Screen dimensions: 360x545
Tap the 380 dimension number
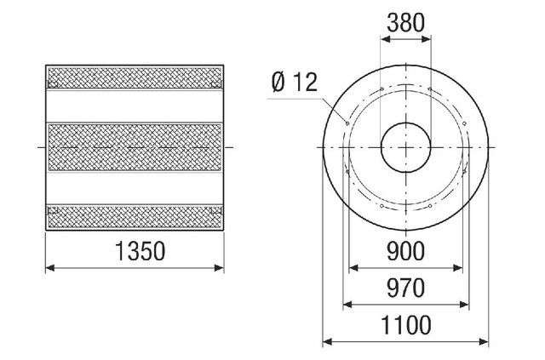coord(405,25)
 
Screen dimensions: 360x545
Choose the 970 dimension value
coord(405,289)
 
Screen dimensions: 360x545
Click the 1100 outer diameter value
coord(405,325)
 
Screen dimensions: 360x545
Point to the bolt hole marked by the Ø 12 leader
coord(348,122)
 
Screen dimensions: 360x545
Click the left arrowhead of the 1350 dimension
coord(49,268)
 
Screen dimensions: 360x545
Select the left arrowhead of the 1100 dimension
coord(327,342)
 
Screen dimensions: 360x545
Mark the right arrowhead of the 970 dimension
coord(466,305)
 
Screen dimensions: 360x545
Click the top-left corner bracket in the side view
coord(53,83)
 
